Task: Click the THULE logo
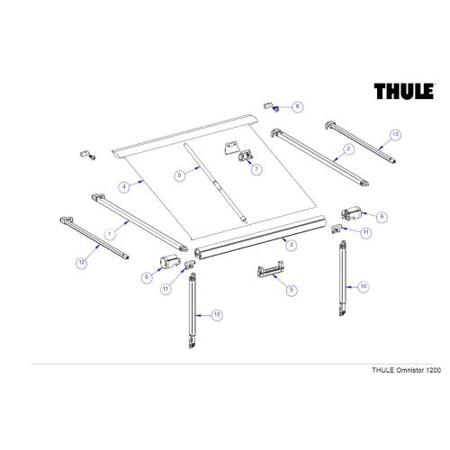click(405, 93)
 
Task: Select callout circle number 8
click(297, 107)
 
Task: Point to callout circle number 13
click(393, 135)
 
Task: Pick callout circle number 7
click(256, 168)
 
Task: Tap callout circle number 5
click(180, 177)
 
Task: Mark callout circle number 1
click(111, 231)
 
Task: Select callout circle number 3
click(290, 243)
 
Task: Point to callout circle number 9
click(290, 291)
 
